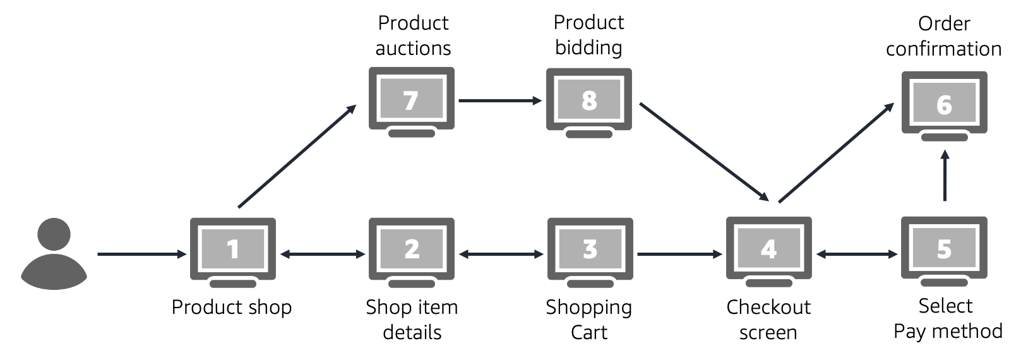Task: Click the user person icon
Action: (54, 254)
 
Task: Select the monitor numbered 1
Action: (233, 250)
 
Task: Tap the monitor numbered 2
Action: (412, 250)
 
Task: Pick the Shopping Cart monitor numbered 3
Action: (590, 250)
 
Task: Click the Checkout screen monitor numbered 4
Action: (768, 250)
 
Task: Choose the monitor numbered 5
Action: (944, 250)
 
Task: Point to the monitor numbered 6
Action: (944, 105)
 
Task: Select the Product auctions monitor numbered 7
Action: (411, 100)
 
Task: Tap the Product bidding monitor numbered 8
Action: (588, 100)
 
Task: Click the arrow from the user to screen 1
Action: (141, 255)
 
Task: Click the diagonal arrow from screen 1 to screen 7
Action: (297, 156)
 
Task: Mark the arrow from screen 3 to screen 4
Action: (679, 255)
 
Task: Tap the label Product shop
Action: (232, 308)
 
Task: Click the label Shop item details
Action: (412, 320)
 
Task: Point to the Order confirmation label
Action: (944, 36)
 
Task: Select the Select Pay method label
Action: (947, 318)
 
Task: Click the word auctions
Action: (413, 49)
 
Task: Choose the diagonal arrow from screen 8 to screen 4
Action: (703, 151)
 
